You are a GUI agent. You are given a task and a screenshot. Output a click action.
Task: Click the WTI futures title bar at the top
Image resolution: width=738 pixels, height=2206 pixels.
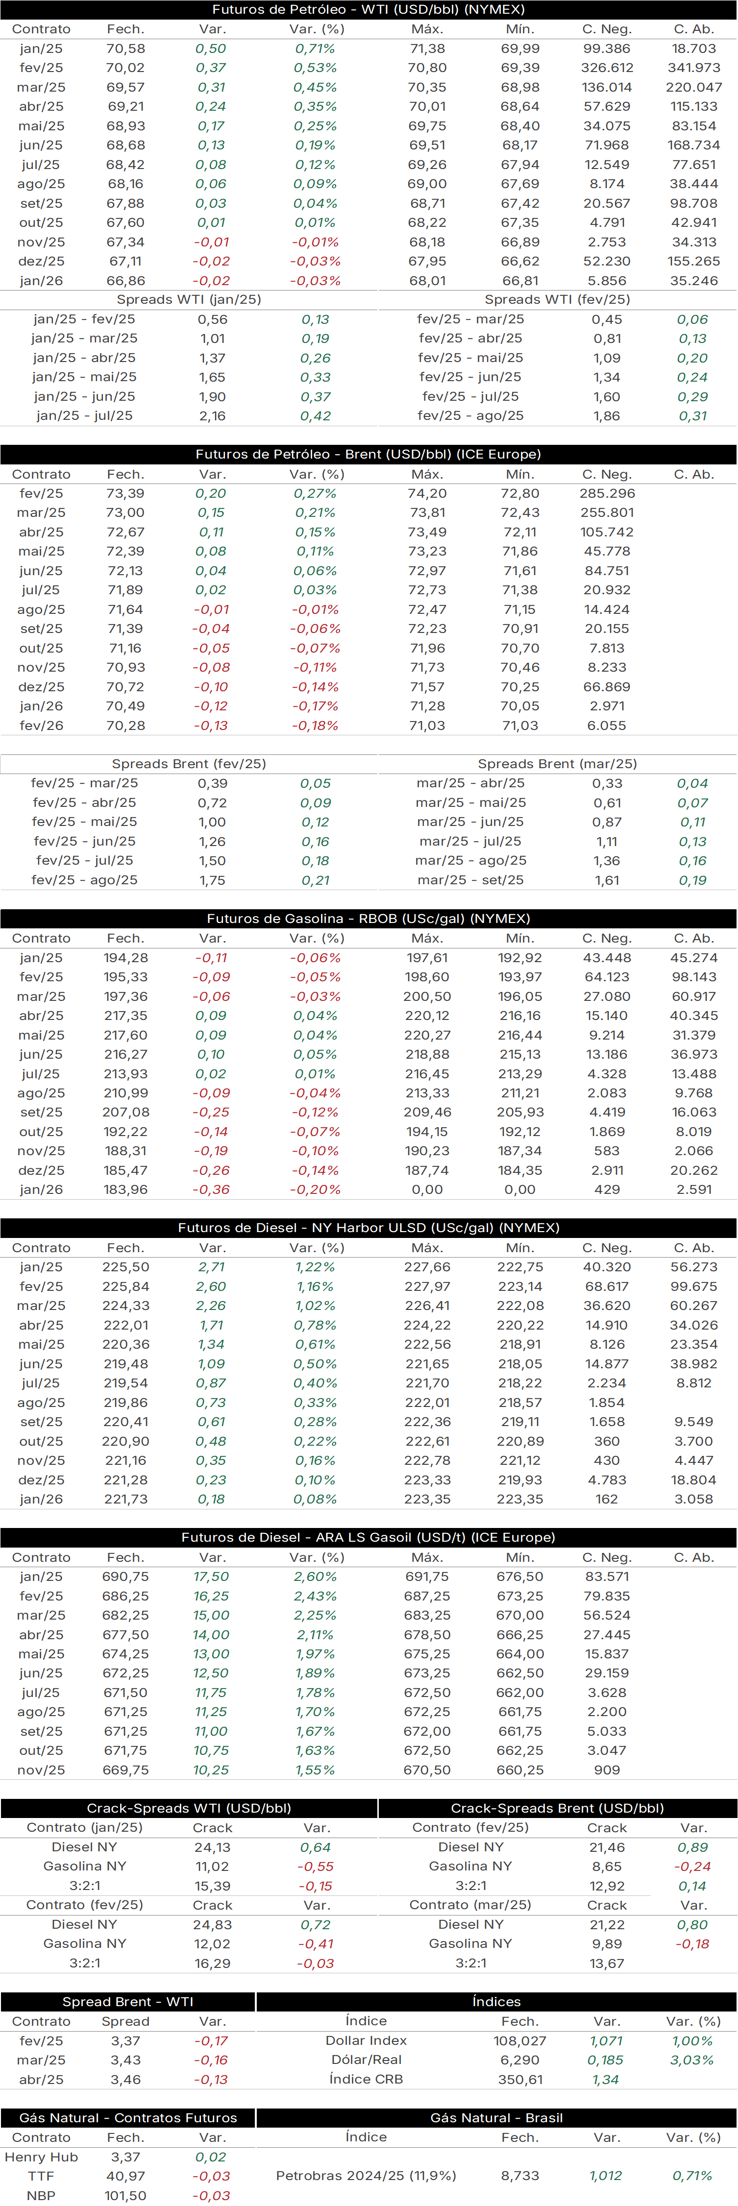pyautogui.click(x=368, y=9)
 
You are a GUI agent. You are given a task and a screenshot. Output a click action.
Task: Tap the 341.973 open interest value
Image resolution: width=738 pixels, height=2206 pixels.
pyautogui.click(x=693, y=68)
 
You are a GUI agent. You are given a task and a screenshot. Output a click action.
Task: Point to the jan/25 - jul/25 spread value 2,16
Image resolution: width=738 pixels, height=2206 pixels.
pyautogui.click(x=212, y=416)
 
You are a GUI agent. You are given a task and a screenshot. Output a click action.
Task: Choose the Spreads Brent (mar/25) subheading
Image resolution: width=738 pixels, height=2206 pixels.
pyautogui.click(x=557, y=764)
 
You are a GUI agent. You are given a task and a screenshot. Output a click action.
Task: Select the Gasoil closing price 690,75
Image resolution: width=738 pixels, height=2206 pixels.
pyautogui.click(x=126, y=1576)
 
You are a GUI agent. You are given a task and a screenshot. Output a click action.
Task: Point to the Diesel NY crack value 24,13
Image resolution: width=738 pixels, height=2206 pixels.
pyautogui.click(x=212, y=1848)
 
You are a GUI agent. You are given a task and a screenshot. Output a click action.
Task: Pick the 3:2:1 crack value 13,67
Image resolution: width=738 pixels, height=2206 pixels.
pyautogui.click(x=607, y=1964)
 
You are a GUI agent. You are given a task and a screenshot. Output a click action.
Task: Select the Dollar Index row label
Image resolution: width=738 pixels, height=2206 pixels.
pyautogui.click(x=367, y=2041)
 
